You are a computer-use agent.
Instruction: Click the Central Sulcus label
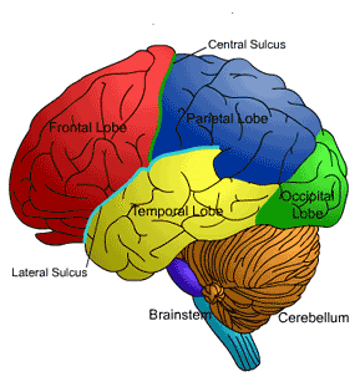(x=247, y=44)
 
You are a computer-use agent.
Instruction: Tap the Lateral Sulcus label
(x=49, y=273)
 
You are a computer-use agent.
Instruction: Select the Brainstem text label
(x=180, y=314)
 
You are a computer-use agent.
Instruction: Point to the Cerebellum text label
(x=314, y=318)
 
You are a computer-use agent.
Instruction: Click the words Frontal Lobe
(x=87, y=127)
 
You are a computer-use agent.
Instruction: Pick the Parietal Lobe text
(x=227, y=118)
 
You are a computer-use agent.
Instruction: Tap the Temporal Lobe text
(x=178, y=211)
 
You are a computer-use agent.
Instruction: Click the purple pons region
(x=185, y=276)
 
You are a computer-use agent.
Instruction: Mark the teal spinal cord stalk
(x=239, y=345)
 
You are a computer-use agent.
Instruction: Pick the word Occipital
(x=307, y=196)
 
